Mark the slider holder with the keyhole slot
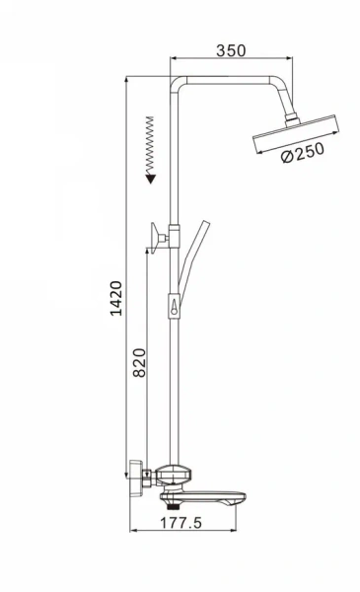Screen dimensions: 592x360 pos(176,309)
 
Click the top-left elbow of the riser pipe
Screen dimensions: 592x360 pos(179,83)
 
